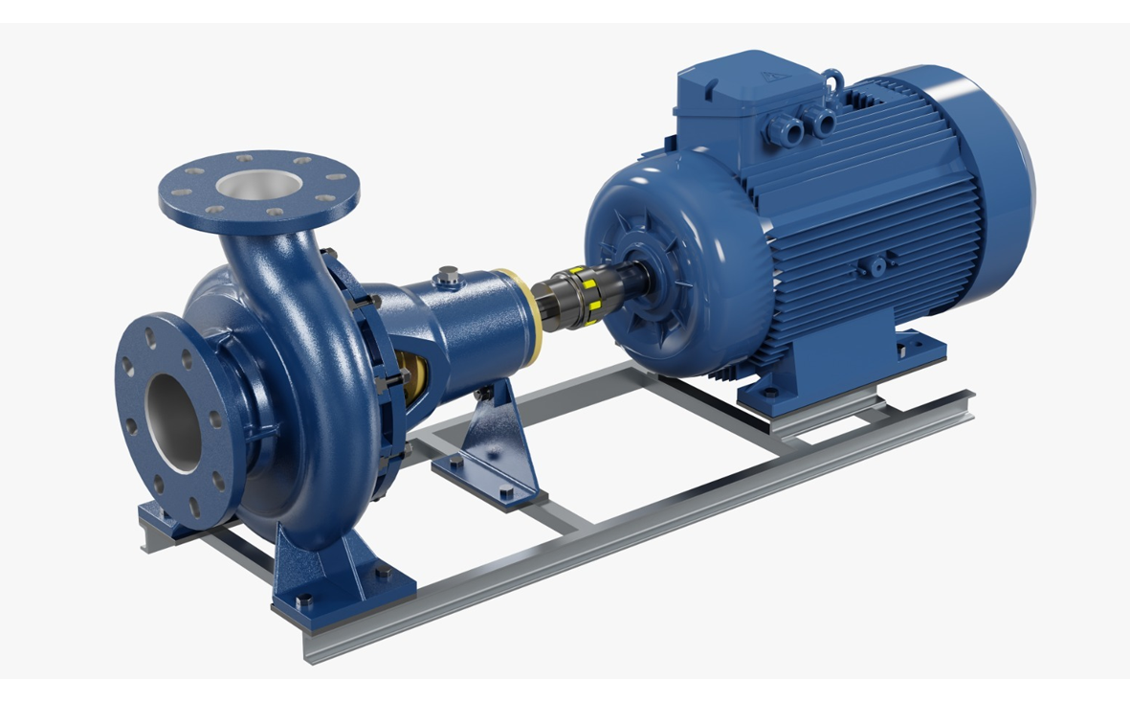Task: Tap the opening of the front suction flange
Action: click(x=174, y=420)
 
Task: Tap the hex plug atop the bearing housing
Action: click(x=449, y=277)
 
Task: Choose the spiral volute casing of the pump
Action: click(x=306, y=402)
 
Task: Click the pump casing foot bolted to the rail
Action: click(x=335, y=575)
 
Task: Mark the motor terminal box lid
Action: click(x=746, y=77)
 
